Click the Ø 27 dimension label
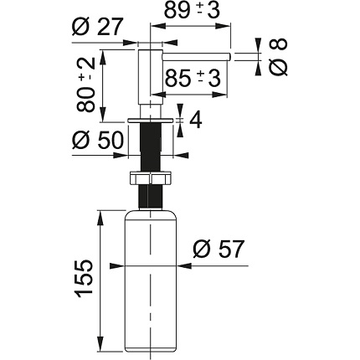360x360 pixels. [x=97, y=27]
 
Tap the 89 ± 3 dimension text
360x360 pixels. [x=192, y=10]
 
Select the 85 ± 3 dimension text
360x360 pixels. [x=193, y=78]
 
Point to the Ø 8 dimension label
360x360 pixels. [x=278, y=57]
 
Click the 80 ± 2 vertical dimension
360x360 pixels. [x=86, y=85]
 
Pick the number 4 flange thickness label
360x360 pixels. [x=195, y=120]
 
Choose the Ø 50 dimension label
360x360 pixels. [x=97, y=140]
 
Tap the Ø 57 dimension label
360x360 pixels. [x=219, y=249]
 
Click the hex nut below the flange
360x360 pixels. [x=151, y=177]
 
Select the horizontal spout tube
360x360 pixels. [x=196, y=57]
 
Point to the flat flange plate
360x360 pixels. [x=151, y=120]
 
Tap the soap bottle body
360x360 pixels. [x=151, y=280]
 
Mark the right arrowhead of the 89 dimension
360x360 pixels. [x=224, y=27]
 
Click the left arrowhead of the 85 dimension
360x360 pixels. [x=157, y=95]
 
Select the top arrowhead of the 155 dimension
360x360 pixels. [x=100, y=217]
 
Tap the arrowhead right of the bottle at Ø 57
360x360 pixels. [x=184, y=266]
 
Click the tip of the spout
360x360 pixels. [x=230, y=57]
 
